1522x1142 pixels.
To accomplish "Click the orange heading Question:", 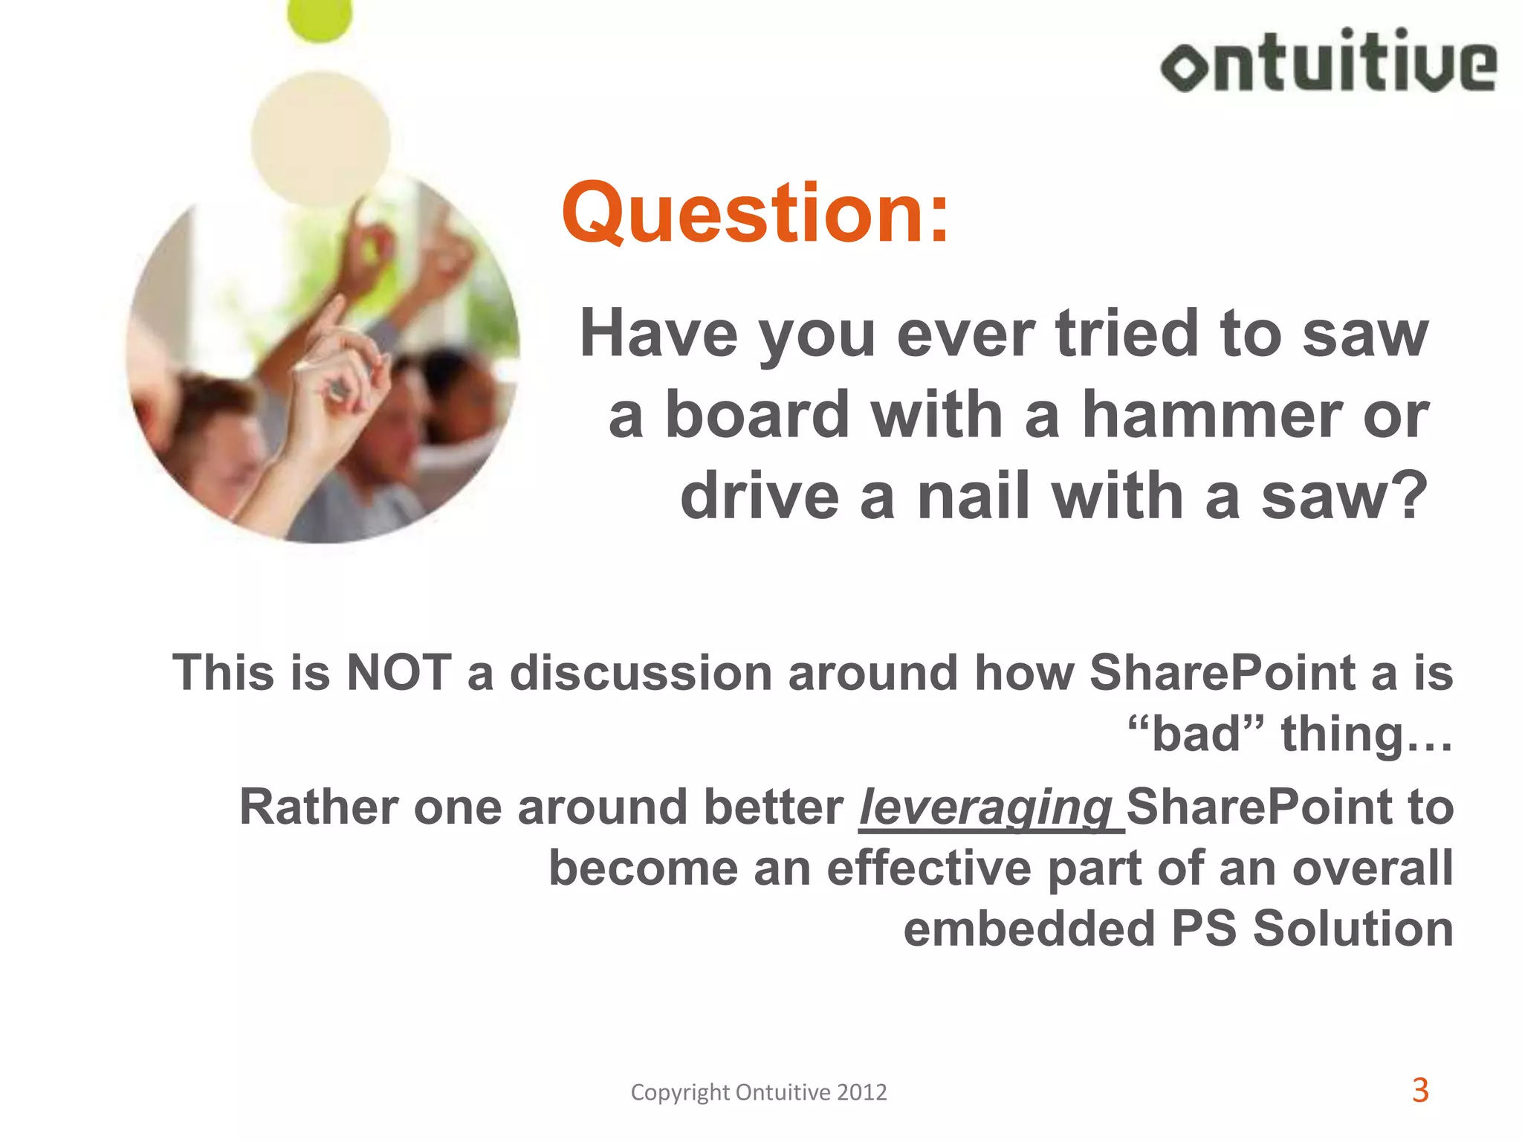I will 755,214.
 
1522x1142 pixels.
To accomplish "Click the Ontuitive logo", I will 1328,61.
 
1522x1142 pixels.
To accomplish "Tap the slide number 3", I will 1419,1090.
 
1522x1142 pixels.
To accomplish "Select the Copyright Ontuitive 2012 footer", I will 759,1092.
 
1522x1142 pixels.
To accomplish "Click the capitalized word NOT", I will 399,673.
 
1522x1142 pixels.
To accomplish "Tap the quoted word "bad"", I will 1196,734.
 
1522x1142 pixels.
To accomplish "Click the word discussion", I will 641,673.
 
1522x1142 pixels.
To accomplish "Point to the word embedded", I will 1029,929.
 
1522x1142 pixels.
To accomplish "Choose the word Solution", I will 1353,929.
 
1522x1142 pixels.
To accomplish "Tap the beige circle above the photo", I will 320,139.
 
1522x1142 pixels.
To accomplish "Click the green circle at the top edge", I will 320,18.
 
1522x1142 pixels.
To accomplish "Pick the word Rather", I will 318,807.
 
